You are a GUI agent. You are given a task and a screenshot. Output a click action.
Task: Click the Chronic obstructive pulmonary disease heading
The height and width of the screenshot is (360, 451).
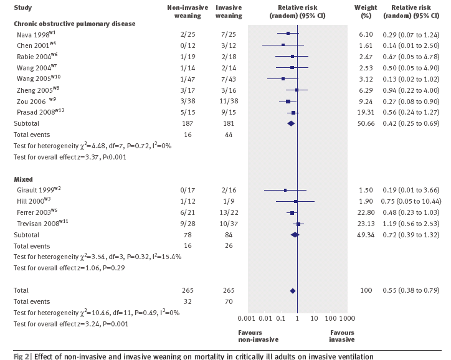[x=75, y=23]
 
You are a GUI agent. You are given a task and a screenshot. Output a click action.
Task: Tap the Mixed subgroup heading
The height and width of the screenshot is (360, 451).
[x=24, y=179]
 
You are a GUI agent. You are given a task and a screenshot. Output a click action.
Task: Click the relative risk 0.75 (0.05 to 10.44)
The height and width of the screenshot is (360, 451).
[x=411, y=201]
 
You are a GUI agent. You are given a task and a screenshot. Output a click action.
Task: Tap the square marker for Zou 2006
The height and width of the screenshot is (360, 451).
[x=288, y=101]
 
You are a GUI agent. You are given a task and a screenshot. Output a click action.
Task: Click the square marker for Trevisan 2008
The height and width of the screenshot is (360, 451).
[x=299, y=224]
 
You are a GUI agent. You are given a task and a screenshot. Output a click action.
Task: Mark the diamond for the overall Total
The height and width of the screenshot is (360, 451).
[x=292, y=291]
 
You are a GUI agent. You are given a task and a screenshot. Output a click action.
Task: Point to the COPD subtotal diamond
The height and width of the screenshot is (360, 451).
[x=290, y=123]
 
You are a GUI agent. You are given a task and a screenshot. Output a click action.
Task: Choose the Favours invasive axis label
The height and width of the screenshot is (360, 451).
[x=342, y=336]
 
